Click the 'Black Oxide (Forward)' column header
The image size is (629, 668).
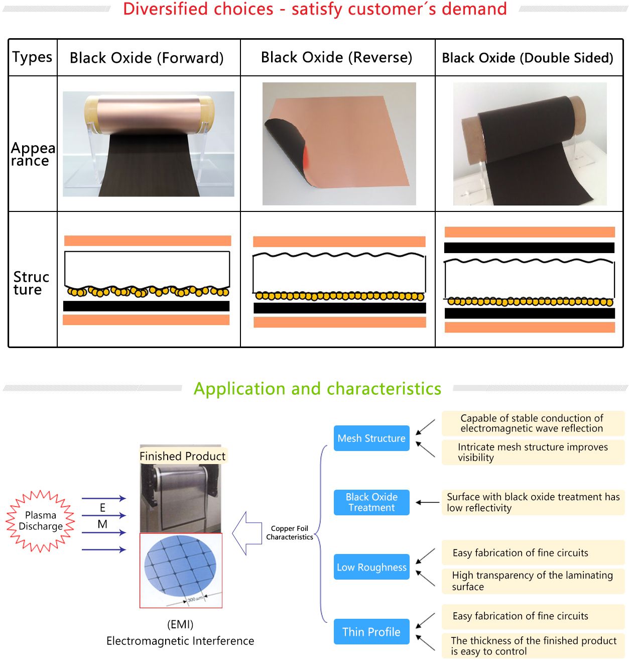coord(147,58)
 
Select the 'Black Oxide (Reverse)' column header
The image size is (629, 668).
coord(336,57)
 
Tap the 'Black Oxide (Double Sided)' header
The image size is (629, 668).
coord(528,58)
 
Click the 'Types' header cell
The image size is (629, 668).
coord(32,57)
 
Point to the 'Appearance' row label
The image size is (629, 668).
coord(32,154)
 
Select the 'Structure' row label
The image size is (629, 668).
coord(31,283)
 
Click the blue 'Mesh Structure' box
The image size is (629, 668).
coord(371,438)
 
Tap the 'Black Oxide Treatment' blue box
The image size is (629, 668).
coord(371,502)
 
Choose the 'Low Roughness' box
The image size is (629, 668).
coord(371,567)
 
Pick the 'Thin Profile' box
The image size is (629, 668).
coord(371,632)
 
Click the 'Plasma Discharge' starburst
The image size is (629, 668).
coord(41,521)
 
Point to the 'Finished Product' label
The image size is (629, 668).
coord(183,456)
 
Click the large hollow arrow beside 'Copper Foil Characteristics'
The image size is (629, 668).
coord(246,533)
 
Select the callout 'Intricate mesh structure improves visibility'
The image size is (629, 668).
coord(533,452)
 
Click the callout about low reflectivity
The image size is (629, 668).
coord(533,502)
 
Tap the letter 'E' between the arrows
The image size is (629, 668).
coord(103,508)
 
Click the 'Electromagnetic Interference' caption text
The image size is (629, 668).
coord(180,641)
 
